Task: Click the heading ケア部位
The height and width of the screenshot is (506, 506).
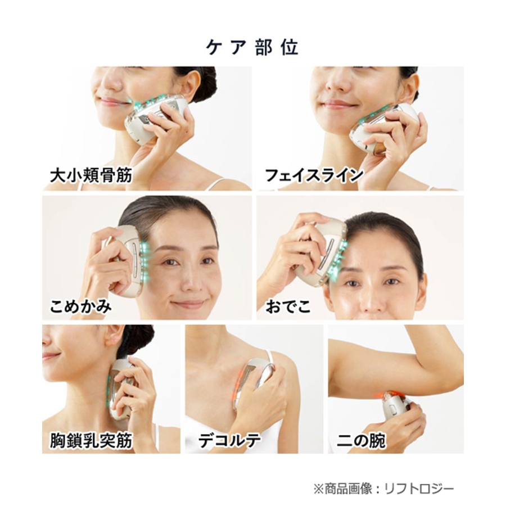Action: (252, 48)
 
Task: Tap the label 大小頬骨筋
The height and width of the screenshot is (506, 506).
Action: (91, 176)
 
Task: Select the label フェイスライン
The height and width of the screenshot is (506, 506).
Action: (314, 175)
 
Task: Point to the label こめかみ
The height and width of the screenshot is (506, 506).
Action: (80, 306)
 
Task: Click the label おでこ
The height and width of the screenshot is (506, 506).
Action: (288, 306)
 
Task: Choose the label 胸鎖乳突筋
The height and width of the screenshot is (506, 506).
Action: (91, 440)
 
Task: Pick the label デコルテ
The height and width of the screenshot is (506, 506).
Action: (229, 440)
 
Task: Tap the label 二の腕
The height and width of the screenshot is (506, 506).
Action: (361, 440)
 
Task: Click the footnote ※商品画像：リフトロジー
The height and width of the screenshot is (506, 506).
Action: (383, 489)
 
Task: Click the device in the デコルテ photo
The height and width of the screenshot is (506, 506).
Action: (255, 382)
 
